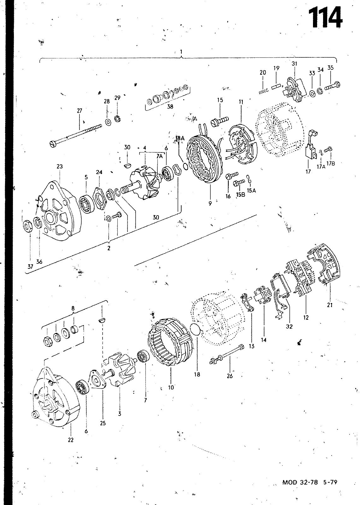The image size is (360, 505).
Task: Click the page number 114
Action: pyautogui.click(x=325, y=18)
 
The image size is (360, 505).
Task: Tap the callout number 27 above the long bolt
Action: pyautogui.click(x=80, y=111)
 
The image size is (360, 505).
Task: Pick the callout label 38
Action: pyautogui.click(x=170, y=107)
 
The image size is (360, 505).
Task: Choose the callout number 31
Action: pyautogui.click(x=294, y=64)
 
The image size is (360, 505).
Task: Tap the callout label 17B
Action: pyautogui.click(x=330, y=164)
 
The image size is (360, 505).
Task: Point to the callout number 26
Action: pyautogui.click(x=230, y=376)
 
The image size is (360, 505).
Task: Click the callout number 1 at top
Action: pyautogui.click(x=181, y=52)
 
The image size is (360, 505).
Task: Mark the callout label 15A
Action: pyautogui.click(x=251, y=191)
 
